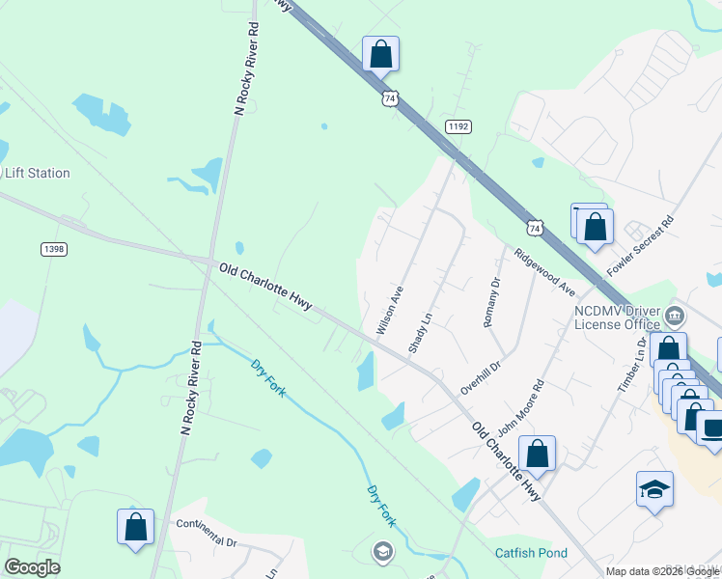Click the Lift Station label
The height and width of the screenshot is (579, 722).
click(x=38, y=174)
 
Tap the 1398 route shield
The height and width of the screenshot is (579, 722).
click(x=54, y=249)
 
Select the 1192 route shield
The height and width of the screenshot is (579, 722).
click(x=458, y=126)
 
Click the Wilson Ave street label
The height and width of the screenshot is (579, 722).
click(x=389, y=310)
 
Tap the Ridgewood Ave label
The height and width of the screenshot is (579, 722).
click(x=545, y=273)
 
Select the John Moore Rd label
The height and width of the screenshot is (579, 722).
click(x=520, y=404)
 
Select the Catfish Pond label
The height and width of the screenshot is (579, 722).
click(x=531, y=553)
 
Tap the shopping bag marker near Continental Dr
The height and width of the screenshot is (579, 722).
click(x=135, y=527)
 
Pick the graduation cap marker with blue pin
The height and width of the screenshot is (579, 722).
click(x=653, y=489)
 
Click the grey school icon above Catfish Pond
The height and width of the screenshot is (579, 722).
click(x=382, y=551)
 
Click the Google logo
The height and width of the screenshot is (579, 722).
click(x=32, y=567)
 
